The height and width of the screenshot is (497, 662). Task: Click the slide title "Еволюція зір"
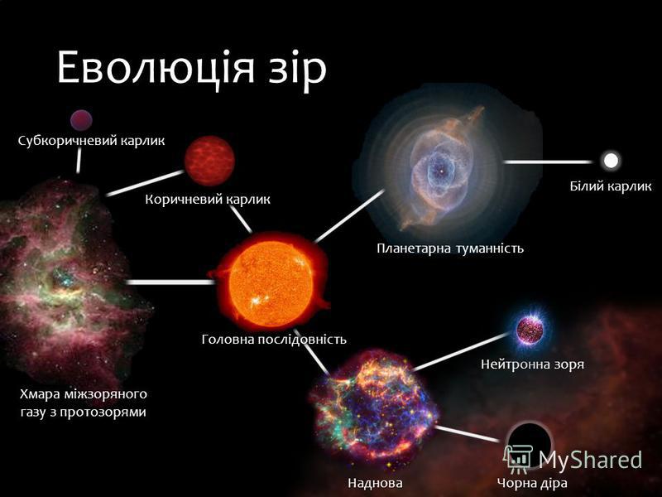(x=192, y=69)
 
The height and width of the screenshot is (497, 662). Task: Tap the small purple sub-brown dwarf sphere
(x=81, y=120)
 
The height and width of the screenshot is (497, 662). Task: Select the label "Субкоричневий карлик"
(x=91, y=141)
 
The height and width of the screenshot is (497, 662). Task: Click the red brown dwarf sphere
(x=209, y=161)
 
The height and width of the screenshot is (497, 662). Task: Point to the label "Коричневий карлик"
(x=208, y=199)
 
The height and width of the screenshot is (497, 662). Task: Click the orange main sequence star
(x=270, y=281)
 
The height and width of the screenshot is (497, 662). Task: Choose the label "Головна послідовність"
(x=274, y=339)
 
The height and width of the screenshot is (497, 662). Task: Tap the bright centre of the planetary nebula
(x=441, y=171)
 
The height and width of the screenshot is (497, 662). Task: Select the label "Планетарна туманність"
(x=450, y=248)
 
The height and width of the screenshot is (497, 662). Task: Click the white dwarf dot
(x=611, y=161)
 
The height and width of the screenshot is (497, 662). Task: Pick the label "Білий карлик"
(x=611, y=186)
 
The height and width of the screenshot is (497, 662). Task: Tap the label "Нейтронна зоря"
(x=532, y=364)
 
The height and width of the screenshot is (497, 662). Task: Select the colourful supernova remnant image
(x=373, y=407)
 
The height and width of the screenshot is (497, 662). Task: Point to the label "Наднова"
(x=375, y=482)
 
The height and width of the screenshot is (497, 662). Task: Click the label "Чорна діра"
(x=532, y=482)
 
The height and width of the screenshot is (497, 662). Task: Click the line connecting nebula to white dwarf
(x=548, y=162)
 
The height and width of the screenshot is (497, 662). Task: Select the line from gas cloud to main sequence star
(x=170, y=282)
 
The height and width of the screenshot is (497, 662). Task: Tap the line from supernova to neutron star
(x=461, y=351)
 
